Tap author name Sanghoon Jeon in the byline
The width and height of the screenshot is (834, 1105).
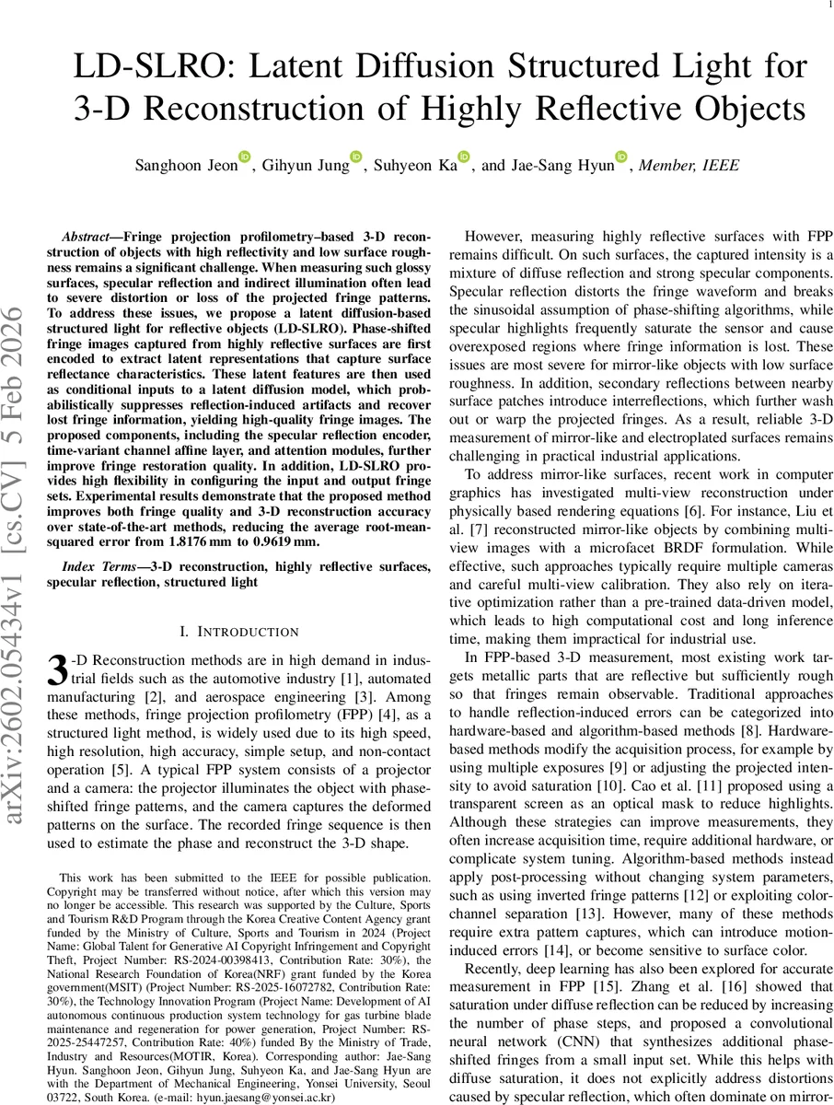click(186, 166)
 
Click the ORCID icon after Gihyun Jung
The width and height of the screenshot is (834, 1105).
click(356, 157)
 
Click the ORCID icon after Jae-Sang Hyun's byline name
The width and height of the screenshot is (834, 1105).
click(621, 157)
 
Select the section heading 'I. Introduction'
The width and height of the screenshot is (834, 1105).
click(238, 632)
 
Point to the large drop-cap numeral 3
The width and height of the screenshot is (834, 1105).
click(57, 669)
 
